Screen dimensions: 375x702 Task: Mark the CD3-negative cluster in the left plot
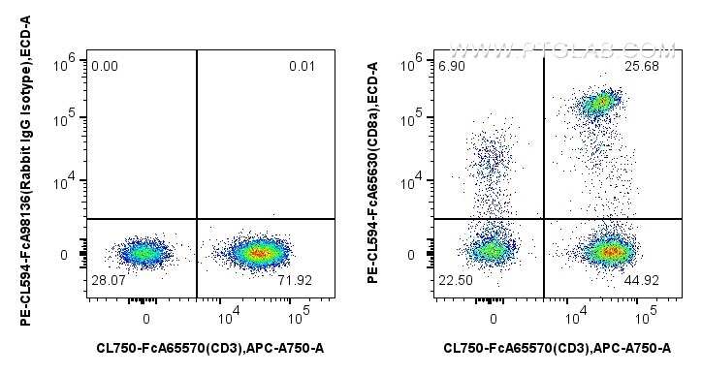[144, 254]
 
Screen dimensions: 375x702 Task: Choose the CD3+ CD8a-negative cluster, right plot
[609, 252]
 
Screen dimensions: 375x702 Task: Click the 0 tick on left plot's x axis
[146, 318]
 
